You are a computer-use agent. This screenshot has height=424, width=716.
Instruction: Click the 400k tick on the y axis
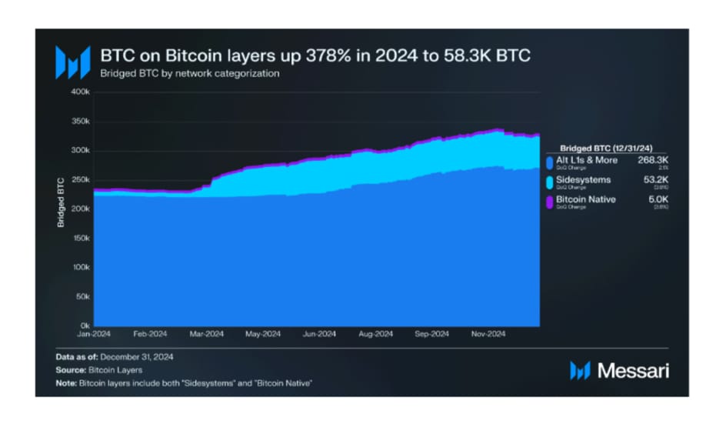(x=82, y=92)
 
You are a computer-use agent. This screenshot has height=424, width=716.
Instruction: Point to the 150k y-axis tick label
(x=82, y=239)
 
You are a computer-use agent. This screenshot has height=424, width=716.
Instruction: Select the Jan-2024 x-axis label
(x=94, y=334)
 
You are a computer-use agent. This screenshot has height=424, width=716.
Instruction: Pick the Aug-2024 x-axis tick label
(x=376, y=334)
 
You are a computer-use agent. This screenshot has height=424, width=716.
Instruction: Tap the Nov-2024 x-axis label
(x=488, y=334)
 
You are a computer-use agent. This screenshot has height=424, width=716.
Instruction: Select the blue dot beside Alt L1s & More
(x=549, y=162)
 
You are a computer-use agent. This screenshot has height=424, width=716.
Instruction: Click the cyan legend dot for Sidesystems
(x=549, y=182)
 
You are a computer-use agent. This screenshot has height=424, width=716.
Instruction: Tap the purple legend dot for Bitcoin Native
(x=549, y=202)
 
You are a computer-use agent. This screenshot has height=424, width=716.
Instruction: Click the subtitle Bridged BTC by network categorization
(x=189, y=74)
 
